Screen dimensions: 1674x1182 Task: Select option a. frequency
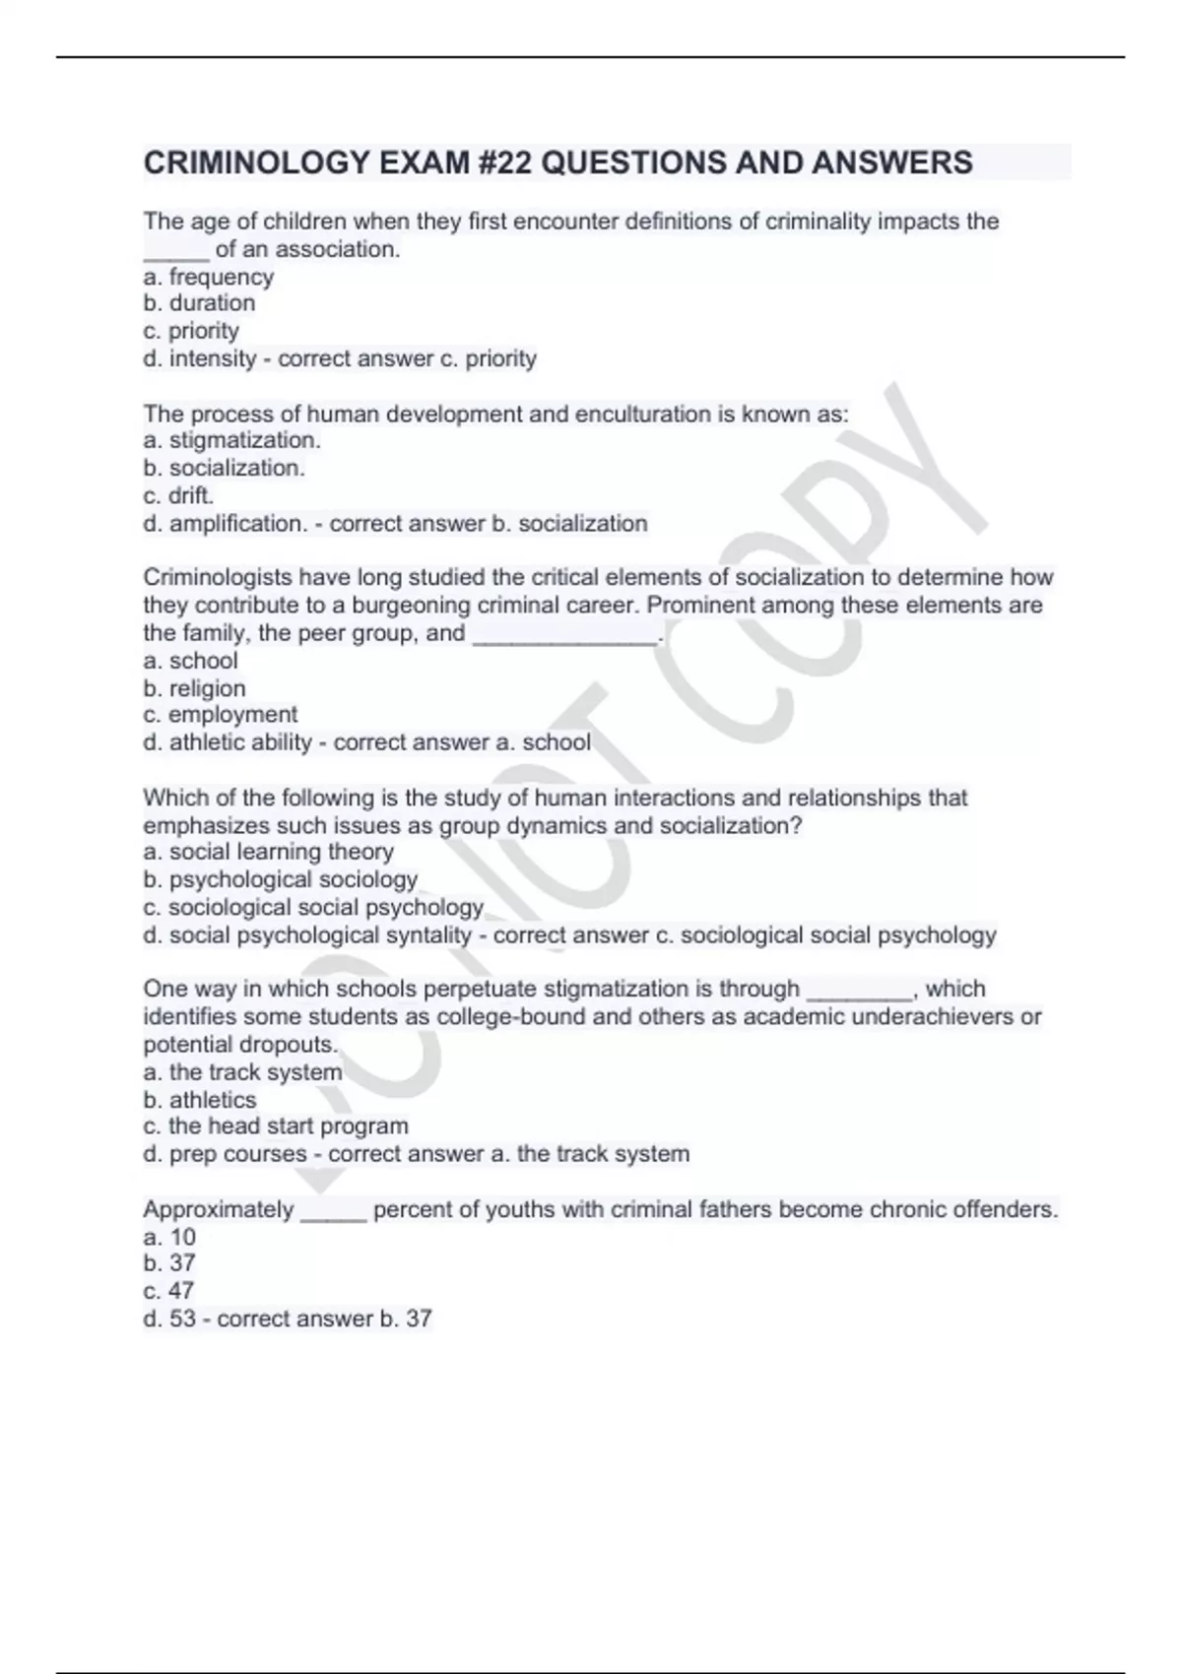(x=209, y=277)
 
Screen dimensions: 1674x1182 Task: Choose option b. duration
(x=199, y=303)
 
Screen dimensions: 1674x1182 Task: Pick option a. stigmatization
(x=232, y=440)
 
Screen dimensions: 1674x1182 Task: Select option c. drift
(x=178, y=495)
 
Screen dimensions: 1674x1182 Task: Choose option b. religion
(x=194, y=688)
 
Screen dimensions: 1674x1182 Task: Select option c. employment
(x=220, y=714)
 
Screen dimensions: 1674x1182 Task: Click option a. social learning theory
(x=269, y=851)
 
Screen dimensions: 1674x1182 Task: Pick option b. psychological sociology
(x=281, y=878)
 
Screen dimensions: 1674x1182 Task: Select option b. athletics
(x=200, y=1100)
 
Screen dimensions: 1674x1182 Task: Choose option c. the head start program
(x=276, y=1126)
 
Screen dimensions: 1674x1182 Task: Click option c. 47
(x=168, y=1290)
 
